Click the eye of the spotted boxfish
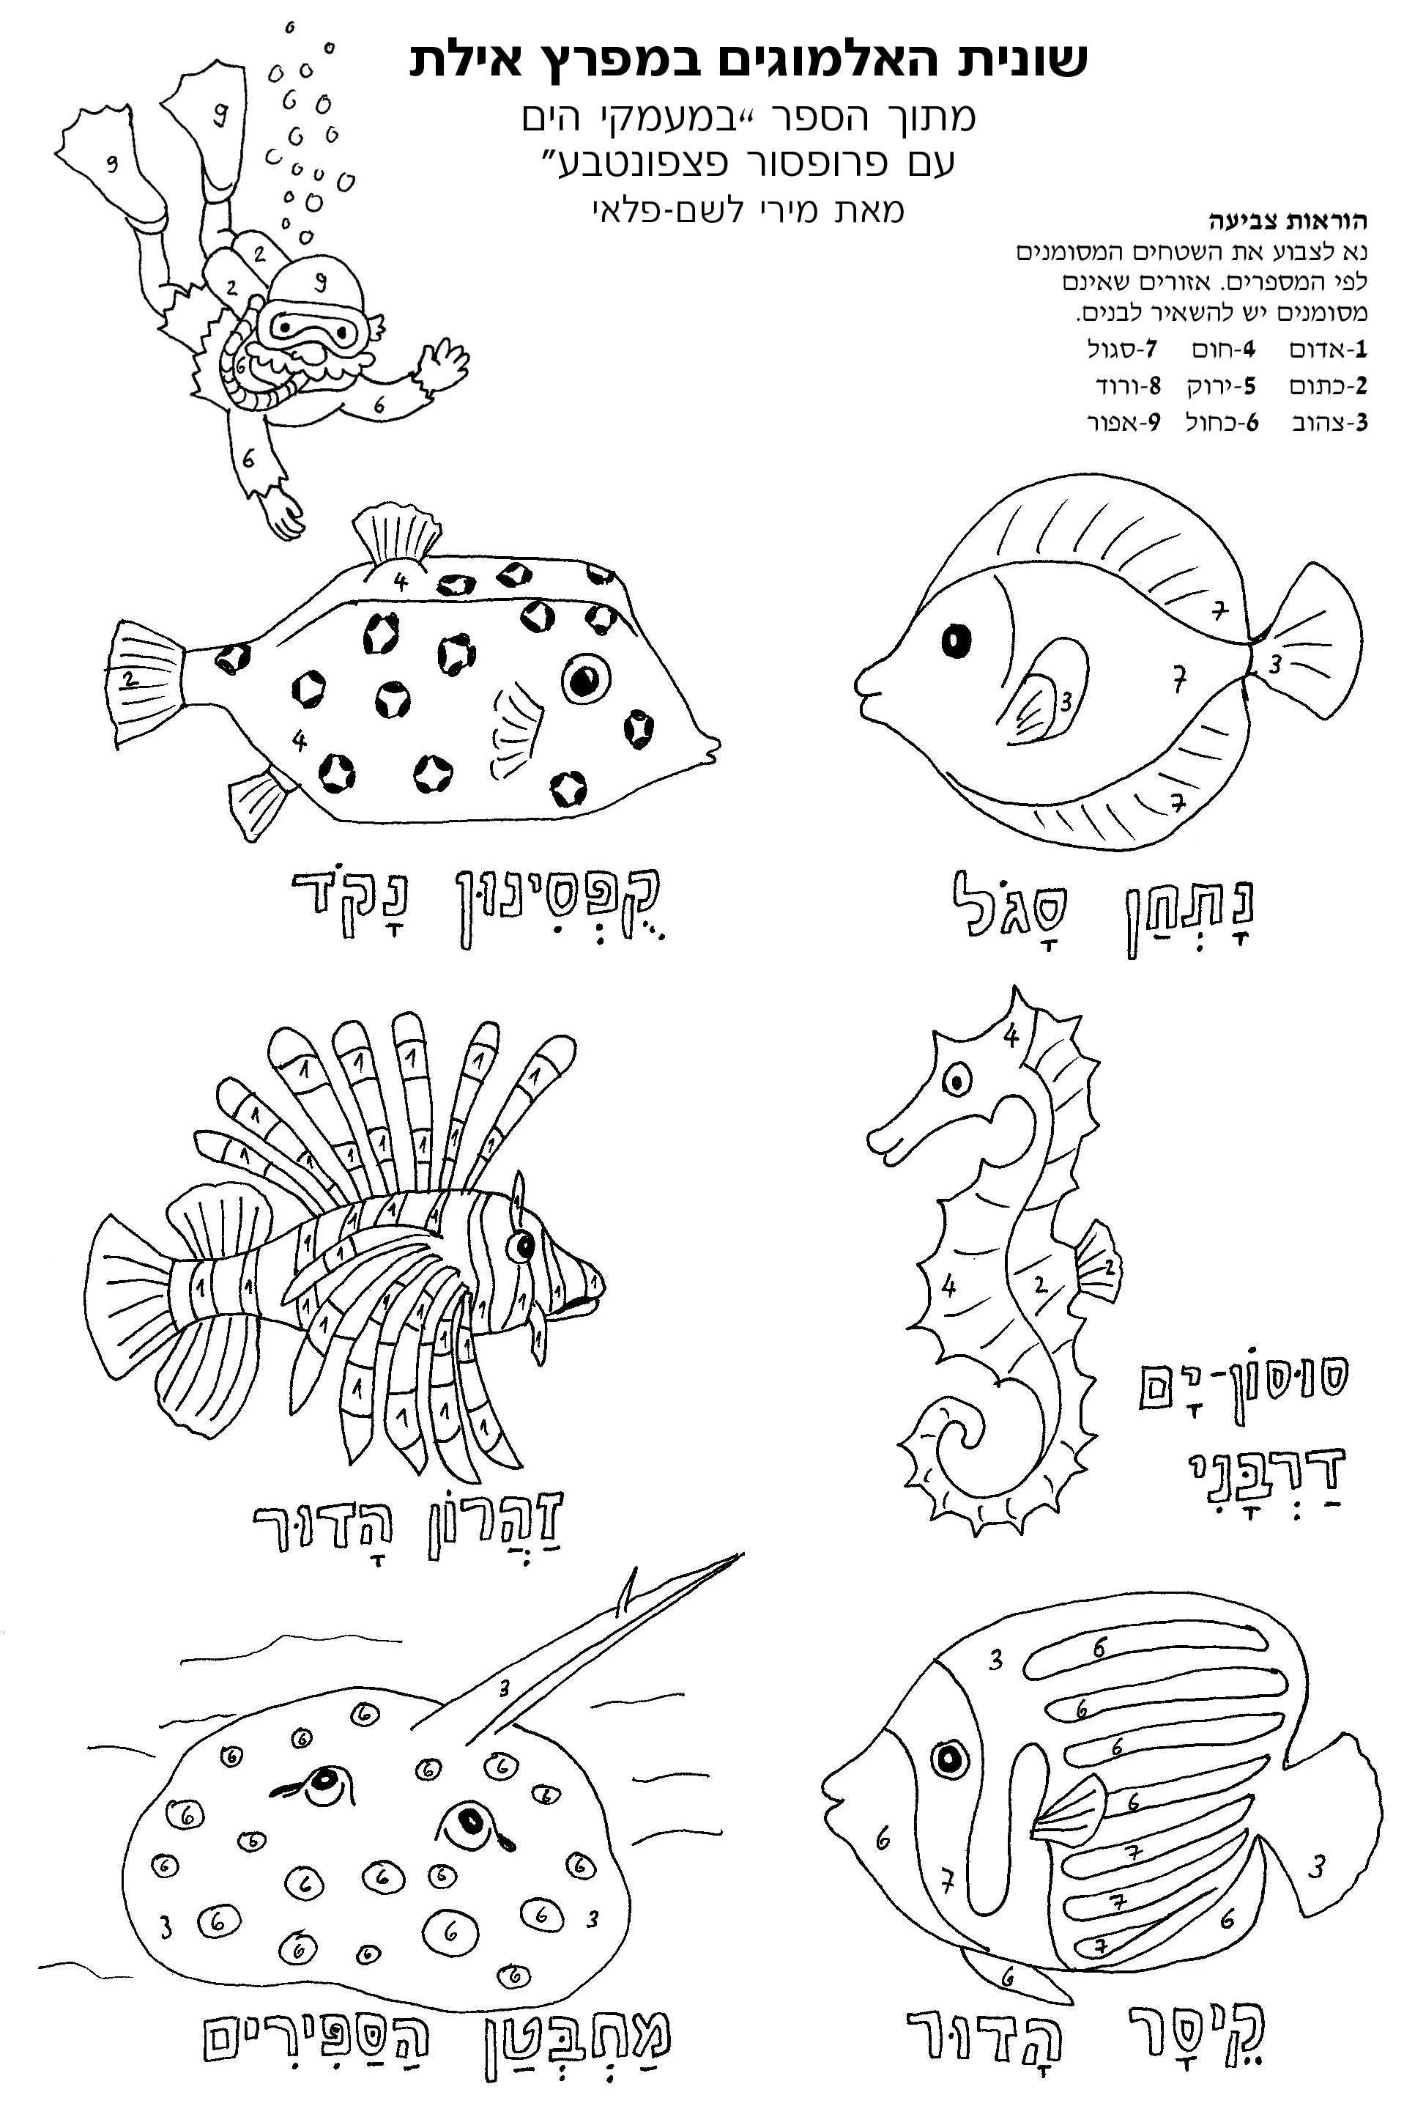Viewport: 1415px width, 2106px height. coord(586,679)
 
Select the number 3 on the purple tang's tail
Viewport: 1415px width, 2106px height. coord(1274,665)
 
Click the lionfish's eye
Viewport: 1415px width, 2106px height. coord(522,1246)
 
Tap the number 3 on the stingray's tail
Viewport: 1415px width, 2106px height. coord(505,1686)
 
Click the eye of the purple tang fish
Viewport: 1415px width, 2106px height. coord(956,642)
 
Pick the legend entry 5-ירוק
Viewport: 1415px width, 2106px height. coord(1223,386)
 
